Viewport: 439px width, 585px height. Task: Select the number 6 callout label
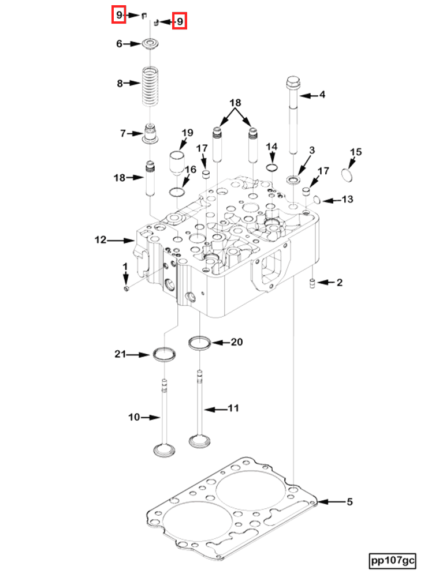click(x=120, y=44)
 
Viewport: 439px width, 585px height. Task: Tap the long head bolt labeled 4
click(x=292, y=115)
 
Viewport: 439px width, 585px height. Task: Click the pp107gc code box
click(x=393, y=560)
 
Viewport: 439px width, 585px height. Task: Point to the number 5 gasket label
click(x=349, y=502)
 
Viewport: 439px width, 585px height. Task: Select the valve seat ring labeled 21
click(x=164, y=354)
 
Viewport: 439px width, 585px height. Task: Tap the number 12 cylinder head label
click(x=101, y=239)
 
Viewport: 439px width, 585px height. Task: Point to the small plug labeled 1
click(x=127, y=287)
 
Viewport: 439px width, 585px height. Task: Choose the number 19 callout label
click(x=187, y=133)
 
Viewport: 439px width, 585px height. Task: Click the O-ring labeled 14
click(x=271, y=168)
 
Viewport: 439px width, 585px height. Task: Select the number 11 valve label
click(x=233, y=408)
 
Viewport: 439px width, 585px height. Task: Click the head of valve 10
click(x=163, y=449)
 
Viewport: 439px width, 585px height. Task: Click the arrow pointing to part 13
click(x=330, y=201)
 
